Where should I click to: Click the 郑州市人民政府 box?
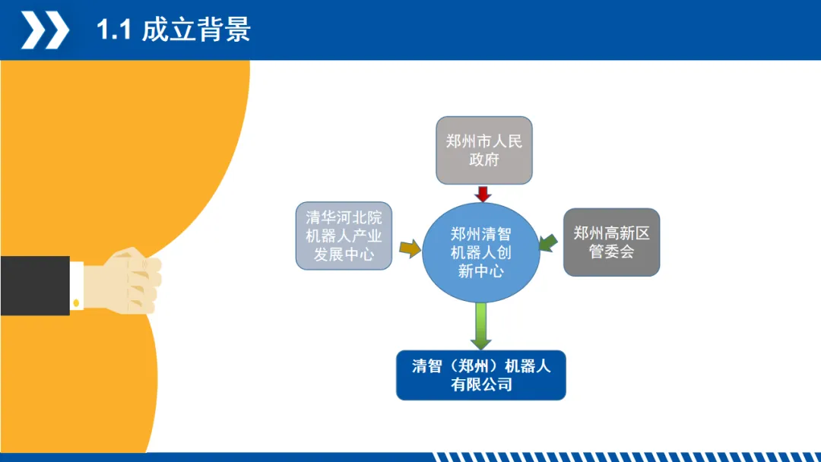483,150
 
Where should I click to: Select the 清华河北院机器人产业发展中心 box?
344,236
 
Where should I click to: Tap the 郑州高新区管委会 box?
611,242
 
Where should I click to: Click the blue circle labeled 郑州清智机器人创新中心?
480,252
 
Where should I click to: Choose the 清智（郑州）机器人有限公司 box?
480,375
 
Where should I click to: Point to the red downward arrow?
483,193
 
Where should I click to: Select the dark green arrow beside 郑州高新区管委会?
547,242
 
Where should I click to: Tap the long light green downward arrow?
480,325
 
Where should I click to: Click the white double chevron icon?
45,30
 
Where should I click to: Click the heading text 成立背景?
196,30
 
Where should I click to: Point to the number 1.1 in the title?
114,30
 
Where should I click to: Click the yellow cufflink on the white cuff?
76,303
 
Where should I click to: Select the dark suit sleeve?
34,285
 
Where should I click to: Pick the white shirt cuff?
77,285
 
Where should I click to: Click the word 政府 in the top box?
483,160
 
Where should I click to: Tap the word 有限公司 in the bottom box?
480,384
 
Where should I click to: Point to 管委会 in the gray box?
611,252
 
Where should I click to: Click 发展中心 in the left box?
344,255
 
